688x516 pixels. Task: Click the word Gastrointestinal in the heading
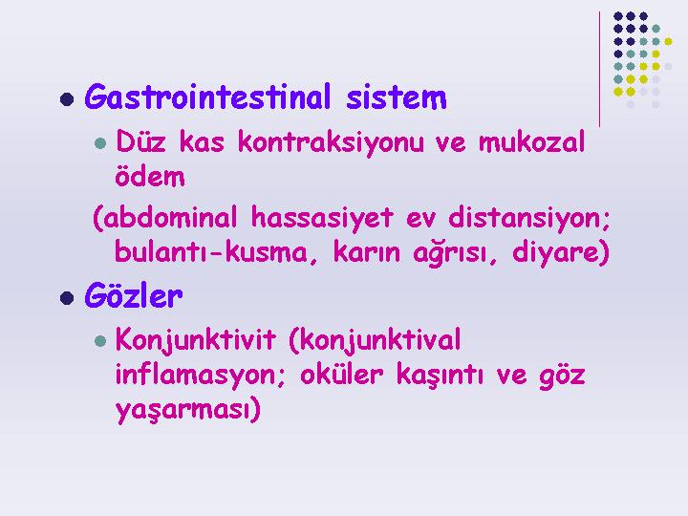207,97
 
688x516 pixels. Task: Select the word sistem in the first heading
397,97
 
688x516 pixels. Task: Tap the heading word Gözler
134,295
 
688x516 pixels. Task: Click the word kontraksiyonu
331,141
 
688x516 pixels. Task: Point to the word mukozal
532,141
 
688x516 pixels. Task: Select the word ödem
150,176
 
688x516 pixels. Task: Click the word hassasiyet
322,217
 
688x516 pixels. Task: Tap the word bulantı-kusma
211,252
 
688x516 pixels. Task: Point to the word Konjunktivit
196,340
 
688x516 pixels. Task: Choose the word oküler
342,375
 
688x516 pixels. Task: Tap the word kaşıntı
441,376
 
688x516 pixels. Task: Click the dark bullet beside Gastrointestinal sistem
67,98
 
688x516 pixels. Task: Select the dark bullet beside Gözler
67,297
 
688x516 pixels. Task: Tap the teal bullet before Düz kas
100,143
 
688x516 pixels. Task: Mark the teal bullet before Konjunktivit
100,341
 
